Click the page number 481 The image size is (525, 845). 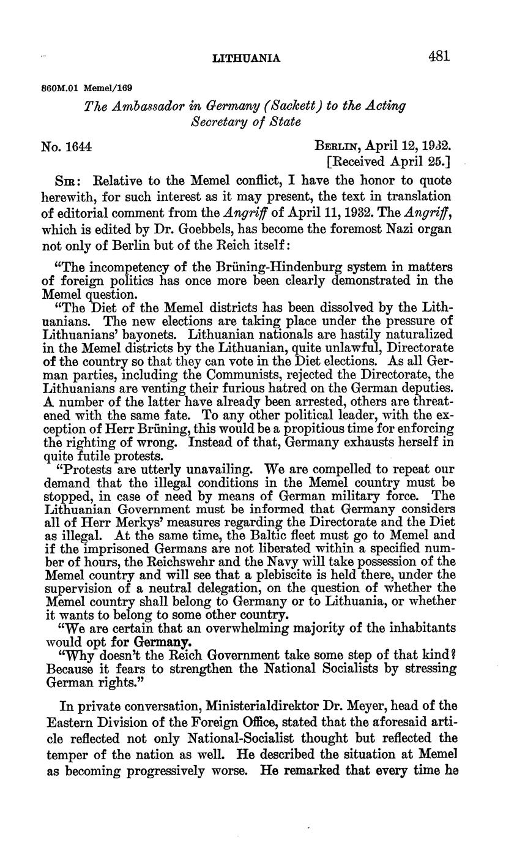click(439, 57)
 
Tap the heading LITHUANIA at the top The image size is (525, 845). click(246, 59)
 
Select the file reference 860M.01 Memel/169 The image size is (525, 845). click(87, 88)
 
